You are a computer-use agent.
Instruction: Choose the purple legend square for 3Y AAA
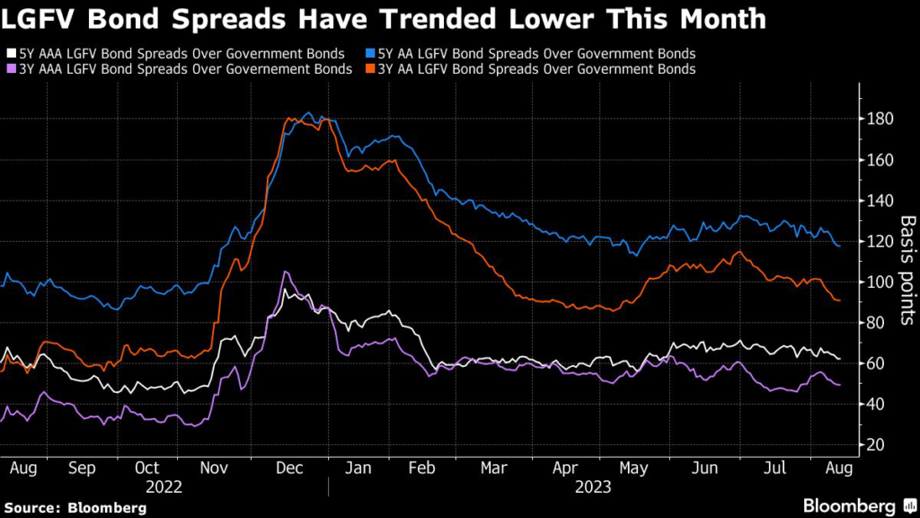tap(9, 68)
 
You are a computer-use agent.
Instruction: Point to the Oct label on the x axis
tap(146, 468)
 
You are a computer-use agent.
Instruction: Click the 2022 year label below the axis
tap(164, 487)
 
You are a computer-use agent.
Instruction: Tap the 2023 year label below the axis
tap(592, 487)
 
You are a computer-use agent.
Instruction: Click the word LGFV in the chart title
tap(34, 19)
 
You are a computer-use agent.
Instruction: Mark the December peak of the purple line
tap(285, 272)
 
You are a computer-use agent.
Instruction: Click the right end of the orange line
tap(839, 300)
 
